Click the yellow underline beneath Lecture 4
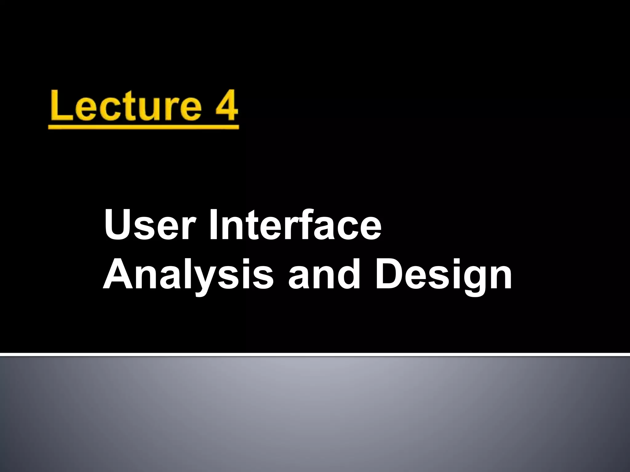143,127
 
